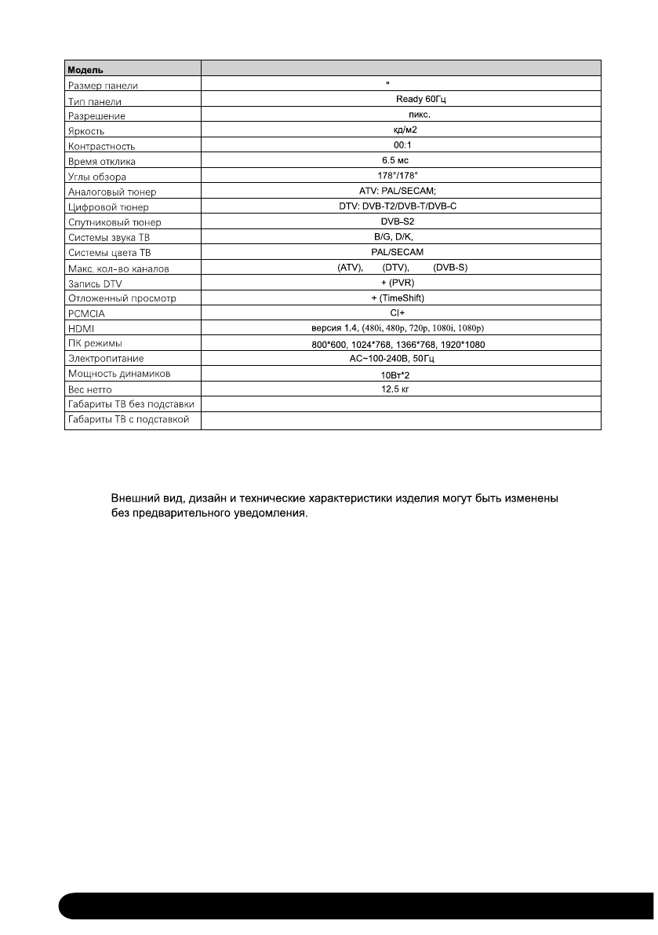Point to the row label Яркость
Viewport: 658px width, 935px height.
point(85,131)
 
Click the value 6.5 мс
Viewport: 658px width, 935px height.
point(400,161)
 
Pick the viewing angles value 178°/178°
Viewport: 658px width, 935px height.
point(400,176)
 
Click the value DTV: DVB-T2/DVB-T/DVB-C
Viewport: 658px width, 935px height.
point(401,206)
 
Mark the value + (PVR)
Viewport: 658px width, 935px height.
point(401,283)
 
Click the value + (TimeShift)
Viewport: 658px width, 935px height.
point(401,298)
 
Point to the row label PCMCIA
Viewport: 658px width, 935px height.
point(83,313)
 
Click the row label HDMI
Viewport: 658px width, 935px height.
point(78,328)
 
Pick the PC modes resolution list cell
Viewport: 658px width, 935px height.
point(400,344)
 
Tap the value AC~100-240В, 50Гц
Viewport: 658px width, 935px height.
point(401,359)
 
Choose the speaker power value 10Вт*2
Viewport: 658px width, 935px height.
point(400,374)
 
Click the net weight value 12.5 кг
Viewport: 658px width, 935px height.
point(401,389)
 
